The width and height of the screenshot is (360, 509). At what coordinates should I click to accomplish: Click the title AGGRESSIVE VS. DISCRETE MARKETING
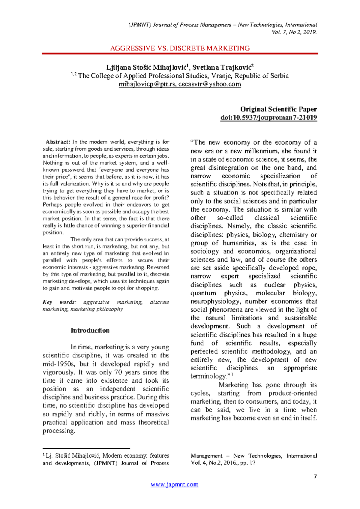coord(180,48)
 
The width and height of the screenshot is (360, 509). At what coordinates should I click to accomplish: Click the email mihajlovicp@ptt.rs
coord(147,84)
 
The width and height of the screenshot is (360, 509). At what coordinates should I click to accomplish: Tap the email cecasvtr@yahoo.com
coord(209,84)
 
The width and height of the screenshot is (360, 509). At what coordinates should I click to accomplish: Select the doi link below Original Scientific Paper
coord(268,118)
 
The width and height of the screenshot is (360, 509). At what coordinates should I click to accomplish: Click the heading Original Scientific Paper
coord(278,109)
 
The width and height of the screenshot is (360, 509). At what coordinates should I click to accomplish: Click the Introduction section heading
coord(90,330)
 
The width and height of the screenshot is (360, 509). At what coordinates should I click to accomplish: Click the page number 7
coord(315,477)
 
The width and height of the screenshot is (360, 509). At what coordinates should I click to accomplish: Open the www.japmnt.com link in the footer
coord(174,484)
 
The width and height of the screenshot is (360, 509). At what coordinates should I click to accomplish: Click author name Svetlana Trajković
coord(223,67)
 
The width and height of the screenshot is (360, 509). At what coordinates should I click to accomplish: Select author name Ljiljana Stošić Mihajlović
coord(147,67)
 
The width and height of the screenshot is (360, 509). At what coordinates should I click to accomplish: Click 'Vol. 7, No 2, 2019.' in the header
coord(294,32)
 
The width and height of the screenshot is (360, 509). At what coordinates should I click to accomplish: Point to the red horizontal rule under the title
coord(180,53)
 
